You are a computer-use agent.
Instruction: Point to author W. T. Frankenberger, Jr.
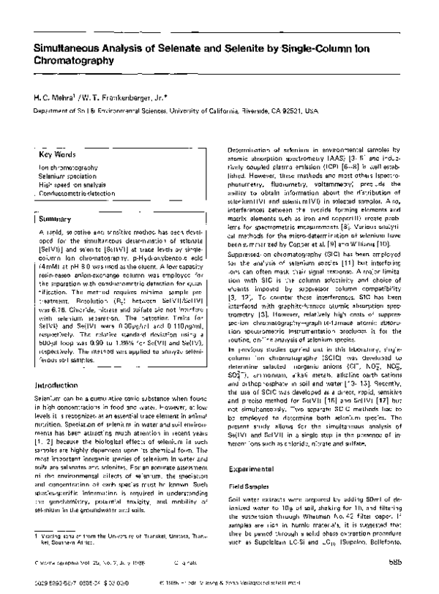click(117, 96)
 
